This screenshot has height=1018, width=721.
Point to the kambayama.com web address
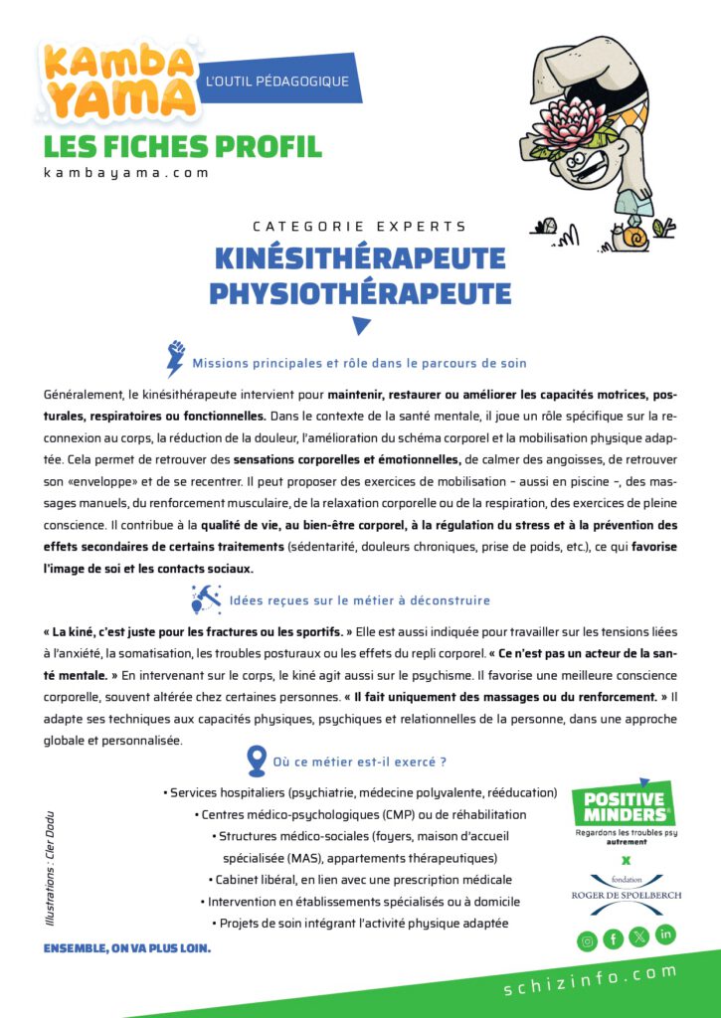click(126, 172)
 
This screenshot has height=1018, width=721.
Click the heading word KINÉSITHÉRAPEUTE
click(360, 258)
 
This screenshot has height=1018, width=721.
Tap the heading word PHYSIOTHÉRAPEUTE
click(360, 293)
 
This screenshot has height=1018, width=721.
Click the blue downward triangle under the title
click(361, 325)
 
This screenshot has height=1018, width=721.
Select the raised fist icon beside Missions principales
click(176, 359)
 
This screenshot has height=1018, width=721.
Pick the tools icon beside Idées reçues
click(206, 598)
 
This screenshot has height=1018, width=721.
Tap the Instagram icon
click(588, 938)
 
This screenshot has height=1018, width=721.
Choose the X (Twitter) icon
click(639, 938)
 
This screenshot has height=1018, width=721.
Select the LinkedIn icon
click(665, 934)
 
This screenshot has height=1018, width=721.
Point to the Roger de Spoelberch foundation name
click(627, 895)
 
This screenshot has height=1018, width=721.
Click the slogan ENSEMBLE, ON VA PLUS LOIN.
click(126, 947)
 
